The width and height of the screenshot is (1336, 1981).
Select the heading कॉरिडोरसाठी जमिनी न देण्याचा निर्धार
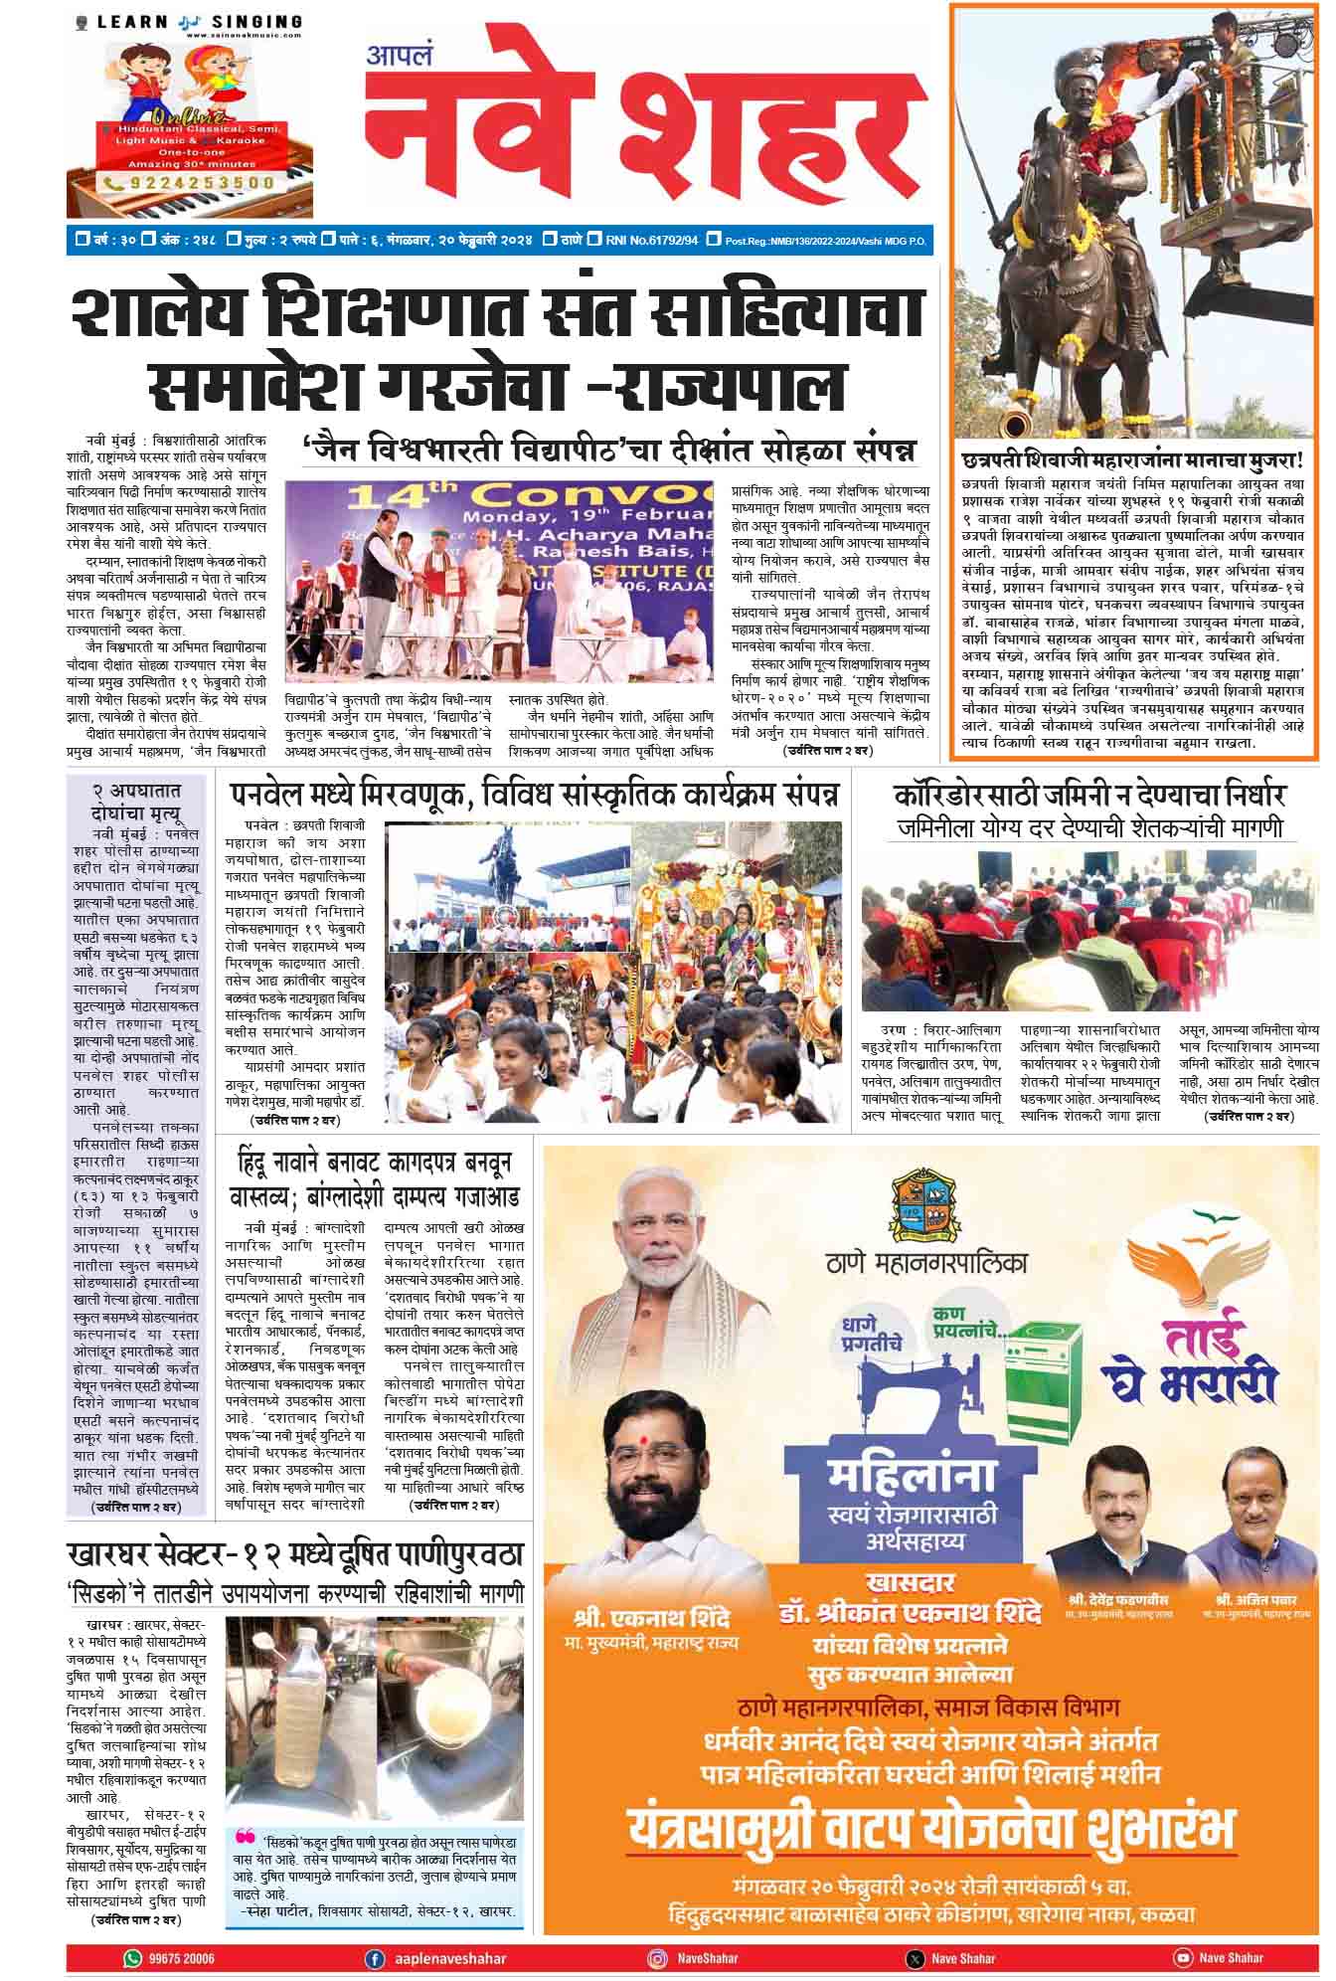[x=1088, y=795]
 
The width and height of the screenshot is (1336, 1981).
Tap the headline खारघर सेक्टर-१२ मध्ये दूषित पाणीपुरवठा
[x=295, y=1554]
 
